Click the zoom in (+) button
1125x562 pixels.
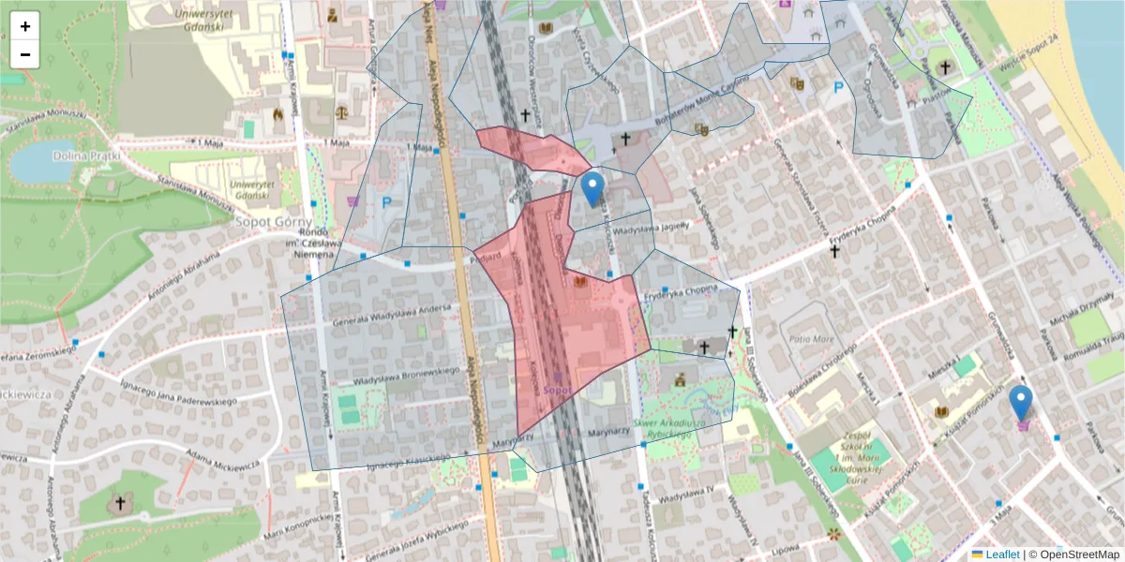point(25,26)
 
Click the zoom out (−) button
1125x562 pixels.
point(25,54)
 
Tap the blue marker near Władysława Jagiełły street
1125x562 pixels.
point(592,189)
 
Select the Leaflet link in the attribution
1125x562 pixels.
point(1001,555)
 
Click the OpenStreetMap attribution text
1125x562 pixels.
point(1077,555)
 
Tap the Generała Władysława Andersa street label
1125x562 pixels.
point(384,318)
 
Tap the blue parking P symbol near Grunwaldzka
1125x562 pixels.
point(838,88)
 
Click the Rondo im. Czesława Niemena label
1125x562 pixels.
point(311,244)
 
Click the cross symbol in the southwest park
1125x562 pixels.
point(119,504)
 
